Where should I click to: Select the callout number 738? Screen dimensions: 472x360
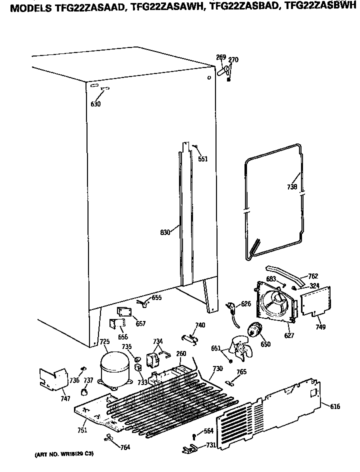click(292, 187)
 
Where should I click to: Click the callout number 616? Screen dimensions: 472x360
click(334, 406)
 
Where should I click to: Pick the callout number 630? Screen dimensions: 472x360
click(95, 104)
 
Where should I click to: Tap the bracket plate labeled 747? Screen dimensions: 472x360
click(53, 378)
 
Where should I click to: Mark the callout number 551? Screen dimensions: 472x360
click(202, 159)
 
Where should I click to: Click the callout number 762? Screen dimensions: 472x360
click(313, 276)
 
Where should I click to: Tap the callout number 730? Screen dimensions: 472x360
click(217, 368)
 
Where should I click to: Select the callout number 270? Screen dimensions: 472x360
click(233, 60)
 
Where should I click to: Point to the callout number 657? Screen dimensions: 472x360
click(141, 323)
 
